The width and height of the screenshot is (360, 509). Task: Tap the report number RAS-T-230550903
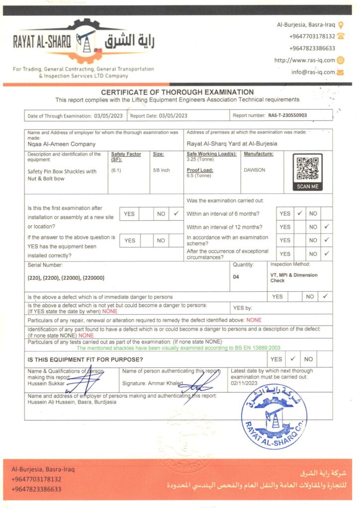pos(287,115)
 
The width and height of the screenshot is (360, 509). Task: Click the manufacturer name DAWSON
pos(255,170)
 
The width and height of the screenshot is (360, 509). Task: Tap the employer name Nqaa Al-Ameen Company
pos(62,144)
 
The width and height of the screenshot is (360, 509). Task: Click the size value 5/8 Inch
pos(162,170)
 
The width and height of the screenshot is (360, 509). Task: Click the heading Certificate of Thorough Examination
pos(178,92)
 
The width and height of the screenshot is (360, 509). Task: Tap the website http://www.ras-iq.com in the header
pos(305,60)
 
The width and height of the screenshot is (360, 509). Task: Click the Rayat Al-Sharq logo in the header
pos(85,43)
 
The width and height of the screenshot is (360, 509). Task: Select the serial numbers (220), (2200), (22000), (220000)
pos(66,277)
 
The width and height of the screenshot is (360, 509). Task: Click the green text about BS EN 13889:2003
pos(178,348)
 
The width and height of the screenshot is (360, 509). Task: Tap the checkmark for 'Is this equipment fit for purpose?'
pos(293,359)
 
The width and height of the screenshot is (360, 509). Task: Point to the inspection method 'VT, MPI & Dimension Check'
pos(293,277)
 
